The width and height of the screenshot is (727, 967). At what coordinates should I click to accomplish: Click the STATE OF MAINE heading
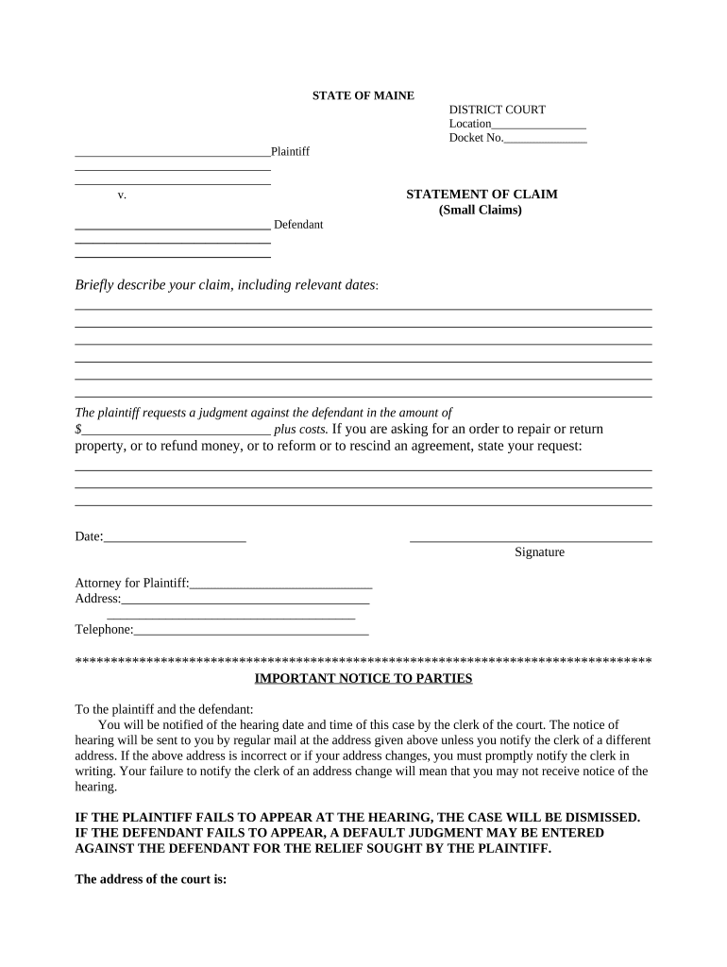click(x=363, y=95)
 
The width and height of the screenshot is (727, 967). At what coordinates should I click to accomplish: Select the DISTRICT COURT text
click(x=497, y=110)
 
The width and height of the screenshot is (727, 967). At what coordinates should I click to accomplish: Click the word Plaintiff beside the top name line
click(x=290, y=152)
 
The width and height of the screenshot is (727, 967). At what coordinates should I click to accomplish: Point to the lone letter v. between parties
click(x=122, y=195)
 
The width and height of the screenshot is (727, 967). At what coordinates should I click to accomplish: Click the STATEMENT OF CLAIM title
click(x=482, y=195)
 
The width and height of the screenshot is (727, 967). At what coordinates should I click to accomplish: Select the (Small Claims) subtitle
click(x=480, y=210)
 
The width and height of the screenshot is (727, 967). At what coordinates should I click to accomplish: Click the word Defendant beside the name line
click(x=298, y=225)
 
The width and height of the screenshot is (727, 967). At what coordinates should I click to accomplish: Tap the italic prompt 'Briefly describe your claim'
click(x=226, y=285)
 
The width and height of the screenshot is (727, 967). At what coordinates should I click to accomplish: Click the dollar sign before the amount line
click(x=78, y=430)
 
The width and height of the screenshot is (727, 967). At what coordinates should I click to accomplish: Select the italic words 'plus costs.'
click(x=300, y=430)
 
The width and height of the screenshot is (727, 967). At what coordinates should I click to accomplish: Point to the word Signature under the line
click(x=539, y=552)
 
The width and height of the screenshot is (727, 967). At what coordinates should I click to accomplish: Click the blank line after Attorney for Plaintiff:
click(x=281, y=584)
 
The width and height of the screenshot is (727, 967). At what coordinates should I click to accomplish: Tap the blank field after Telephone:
click(x=250, y=630)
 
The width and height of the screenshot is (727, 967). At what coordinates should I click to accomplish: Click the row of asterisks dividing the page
click(x=363, y=660)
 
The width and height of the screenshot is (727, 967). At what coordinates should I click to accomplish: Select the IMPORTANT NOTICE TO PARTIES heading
click(x=363, y=679)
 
